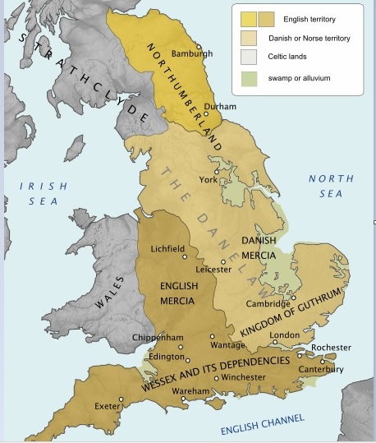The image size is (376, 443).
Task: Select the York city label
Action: [x=209, y=179]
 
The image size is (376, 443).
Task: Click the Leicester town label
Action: [x=213, y=269]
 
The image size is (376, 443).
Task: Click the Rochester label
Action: [x=330, y=348]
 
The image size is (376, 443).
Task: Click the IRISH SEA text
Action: [x=44, y=195]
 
